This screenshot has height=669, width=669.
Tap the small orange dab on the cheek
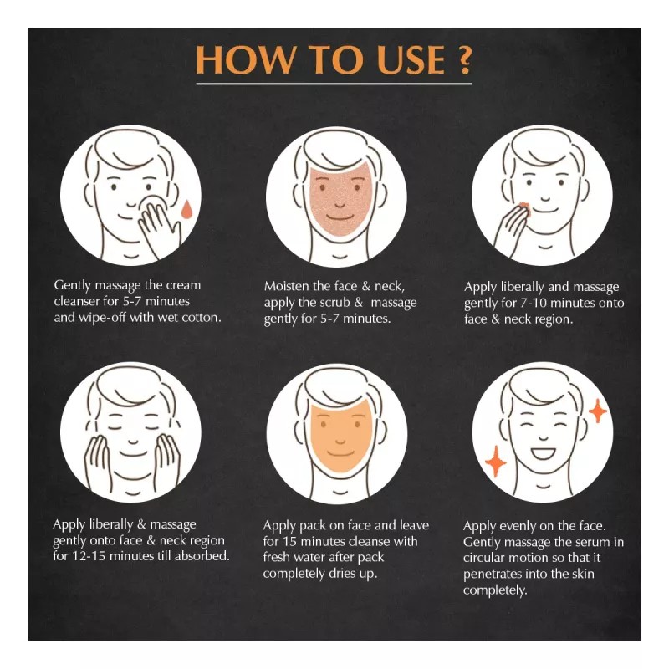(523, 206)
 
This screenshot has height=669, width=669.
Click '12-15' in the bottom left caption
(101, 556)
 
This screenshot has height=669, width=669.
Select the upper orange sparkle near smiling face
(597, 411)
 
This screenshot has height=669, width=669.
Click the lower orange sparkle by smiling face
(495, 461)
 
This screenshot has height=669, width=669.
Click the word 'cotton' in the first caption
(202, 319)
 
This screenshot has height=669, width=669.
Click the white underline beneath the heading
(334, 84)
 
